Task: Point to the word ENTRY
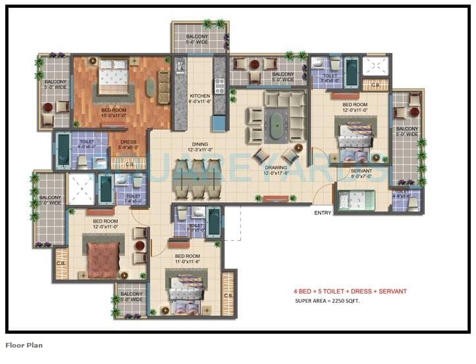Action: point(323,213)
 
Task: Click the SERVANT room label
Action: point(361,173)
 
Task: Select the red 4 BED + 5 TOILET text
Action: point(350,290)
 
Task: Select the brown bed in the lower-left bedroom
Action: point(103,258)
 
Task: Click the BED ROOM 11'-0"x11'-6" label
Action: point(188,259)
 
